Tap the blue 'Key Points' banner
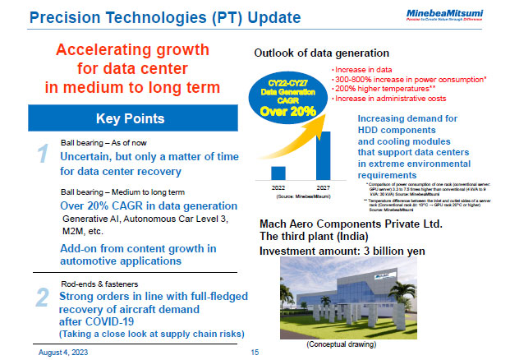[133, 118]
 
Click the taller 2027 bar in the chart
[324, 155]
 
